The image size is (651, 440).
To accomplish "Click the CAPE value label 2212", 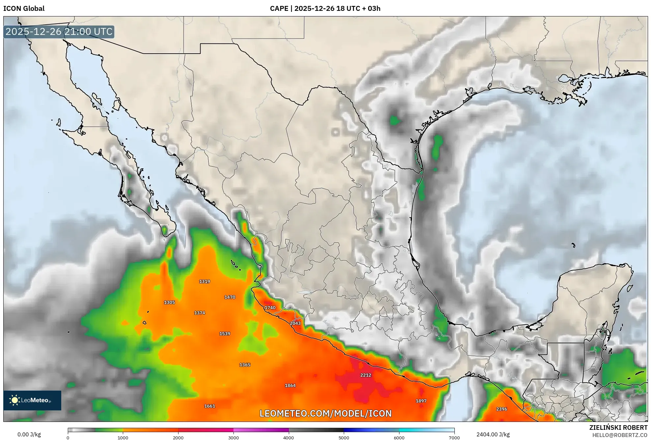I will tap(366, 375).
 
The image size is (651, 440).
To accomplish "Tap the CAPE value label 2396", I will tap(502, 409).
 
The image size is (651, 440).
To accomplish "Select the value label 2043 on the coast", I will tap(295, 323).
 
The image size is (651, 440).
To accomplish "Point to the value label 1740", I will tap(270, 308).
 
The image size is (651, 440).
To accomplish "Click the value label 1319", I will tap(204, 281).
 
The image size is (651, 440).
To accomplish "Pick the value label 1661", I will tap(209, 406).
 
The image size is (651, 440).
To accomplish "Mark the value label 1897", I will tap(421, 401).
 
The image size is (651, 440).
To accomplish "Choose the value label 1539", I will tap(225, 334).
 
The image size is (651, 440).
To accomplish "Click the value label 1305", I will tap(169, 302).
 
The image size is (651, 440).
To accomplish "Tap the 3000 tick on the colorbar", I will tap(233, 437).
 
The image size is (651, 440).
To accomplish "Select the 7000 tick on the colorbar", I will tap(454, 437).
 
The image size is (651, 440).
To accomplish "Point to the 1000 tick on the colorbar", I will tap(123, 437).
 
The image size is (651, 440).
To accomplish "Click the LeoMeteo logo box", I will tap(32, 400).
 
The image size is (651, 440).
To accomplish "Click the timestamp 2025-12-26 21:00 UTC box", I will tap(59, 32).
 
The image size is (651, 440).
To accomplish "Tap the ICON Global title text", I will tap(24, 9).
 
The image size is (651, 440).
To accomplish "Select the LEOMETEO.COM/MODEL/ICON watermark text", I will tap(325, 414).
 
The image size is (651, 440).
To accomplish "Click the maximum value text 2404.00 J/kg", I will tap(493, 434).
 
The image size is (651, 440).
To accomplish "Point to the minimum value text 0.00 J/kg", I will tap(29, 434).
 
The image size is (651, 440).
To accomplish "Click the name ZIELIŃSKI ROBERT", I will tap(618, 427).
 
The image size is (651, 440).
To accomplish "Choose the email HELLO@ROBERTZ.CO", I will tap(620, 435).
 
